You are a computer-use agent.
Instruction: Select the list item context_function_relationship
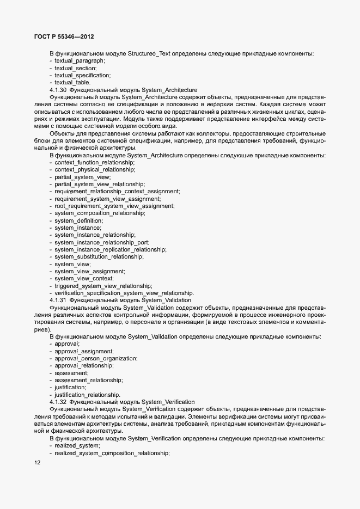tap(94, 163)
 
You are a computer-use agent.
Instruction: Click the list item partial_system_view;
tap(82, 177)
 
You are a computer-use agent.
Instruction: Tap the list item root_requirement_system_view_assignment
tap(114, 206)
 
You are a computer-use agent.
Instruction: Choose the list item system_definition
tap(79, 220)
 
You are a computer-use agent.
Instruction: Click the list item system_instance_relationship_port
tap(102, 242)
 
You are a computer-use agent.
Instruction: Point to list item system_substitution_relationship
tap(103, 256)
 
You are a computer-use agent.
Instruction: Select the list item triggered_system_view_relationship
tap(103, 285)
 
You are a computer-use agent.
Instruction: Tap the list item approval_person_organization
tap(96, 358)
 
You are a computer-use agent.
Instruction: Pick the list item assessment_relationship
tap(88, 380)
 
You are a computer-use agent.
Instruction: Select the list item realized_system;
tap(77, 445)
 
